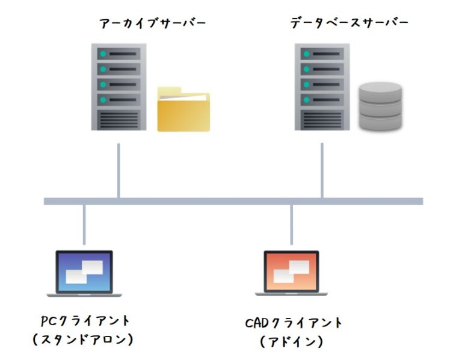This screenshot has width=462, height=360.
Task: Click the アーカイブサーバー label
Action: tap(153, 23)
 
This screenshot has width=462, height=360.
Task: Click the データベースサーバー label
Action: tap(349, 23)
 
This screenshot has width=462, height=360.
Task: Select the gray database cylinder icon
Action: tap(380, 106)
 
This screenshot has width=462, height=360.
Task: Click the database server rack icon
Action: tap(321, 87)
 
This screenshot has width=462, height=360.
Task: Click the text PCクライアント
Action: tap(85, 320)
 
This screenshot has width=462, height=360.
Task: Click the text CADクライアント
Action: tap(294, 323)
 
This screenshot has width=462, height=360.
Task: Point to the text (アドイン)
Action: tap(292, 342)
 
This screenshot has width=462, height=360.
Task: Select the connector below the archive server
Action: tap(119, 170)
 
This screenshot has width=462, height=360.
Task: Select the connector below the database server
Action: tap(322, 170)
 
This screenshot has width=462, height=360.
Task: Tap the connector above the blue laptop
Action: tap(84, 226)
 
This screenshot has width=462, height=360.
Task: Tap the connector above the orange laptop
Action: tap(292, 226)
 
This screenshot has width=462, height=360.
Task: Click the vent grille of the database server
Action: tap(321, 119)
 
